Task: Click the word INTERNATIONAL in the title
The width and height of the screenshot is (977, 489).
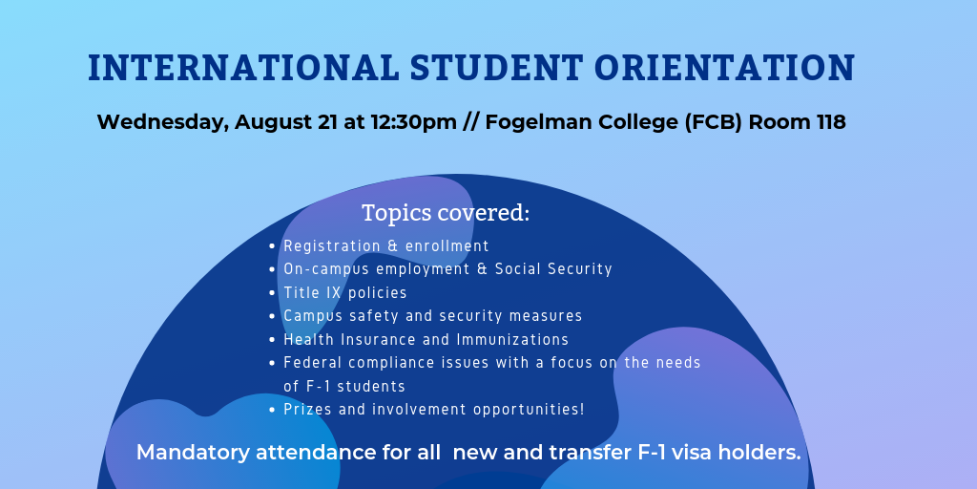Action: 243,68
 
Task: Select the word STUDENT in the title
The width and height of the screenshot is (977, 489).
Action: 496,68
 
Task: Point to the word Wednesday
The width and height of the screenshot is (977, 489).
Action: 162,123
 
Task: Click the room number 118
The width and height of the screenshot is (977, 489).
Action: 831,122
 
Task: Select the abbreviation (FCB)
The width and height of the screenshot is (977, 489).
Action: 714,122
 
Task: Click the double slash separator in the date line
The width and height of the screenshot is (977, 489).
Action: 471,122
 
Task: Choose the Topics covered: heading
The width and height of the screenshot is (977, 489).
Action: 446,213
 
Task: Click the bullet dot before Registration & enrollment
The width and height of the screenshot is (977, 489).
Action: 272,247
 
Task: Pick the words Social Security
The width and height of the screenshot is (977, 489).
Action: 554,269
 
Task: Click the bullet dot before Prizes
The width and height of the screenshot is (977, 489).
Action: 272,411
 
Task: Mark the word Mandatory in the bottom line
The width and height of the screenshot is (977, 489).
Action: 193,453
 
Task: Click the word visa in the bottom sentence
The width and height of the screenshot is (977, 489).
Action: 689,452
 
